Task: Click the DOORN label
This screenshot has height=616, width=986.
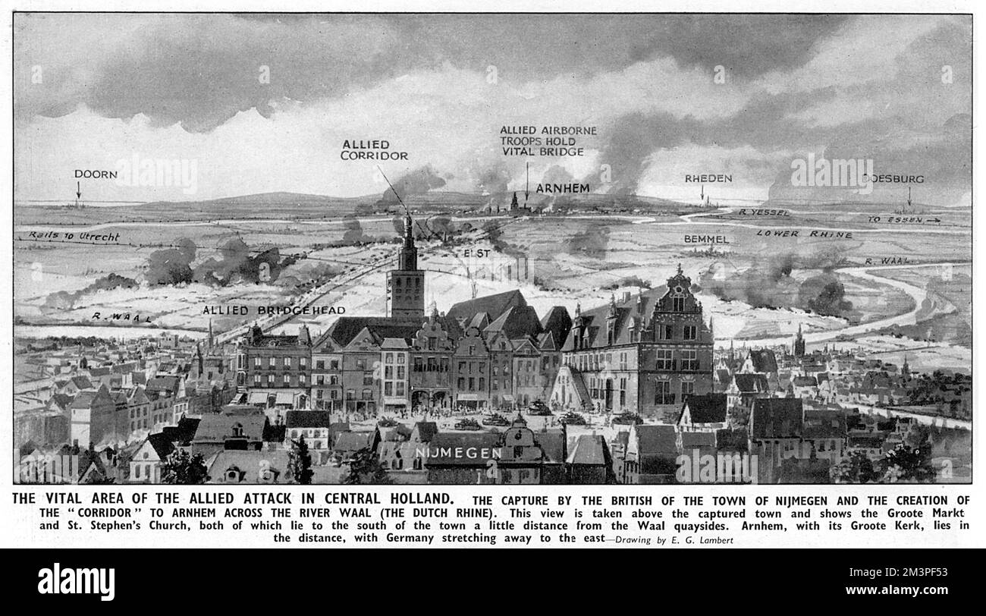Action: (x=96, y=174)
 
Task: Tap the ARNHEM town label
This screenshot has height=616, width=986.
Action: (x=563, y=187)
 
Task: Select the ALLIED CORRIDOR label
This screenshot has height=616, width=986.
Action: (x=375, y=149)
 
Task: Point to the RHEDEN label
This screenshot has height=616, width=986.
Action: (x=708, y=178)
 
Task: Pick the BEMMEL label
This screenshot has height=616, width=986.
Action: (x=706, y=239)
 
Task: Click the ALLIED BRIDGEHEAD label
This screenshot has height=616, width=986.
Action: (x=274, y=310)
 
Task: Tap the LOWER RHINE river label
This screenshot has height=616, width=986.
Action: (x=803, y=234)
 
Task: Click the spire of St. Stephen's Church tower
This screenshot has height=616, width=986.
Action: (x=408, y=228)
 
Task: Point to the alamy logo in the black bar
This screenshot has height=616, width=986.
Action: (x=77, y=582)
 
